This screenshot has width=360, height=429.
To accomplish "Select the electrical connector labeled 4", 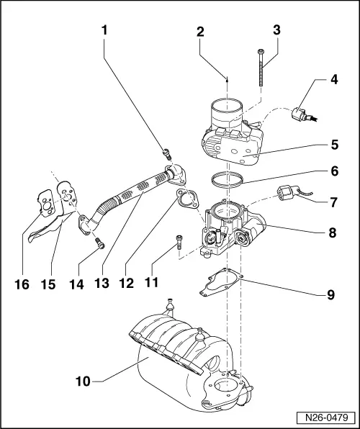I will pyautogui.click(x=300, y=115).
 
